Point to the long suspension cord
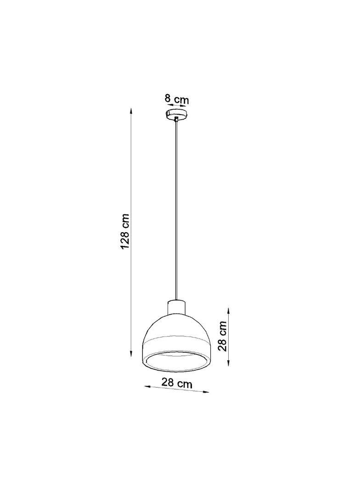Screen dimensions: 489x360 (177, 206)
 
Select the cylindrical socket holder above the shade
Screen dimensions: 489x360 (177, 306)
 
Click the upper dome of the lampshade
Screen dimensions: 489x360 (177, 327)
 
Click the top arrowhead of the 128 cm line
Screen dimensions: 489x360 (132, 111)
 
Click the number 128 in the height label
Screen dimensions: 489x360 (124, 240)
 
